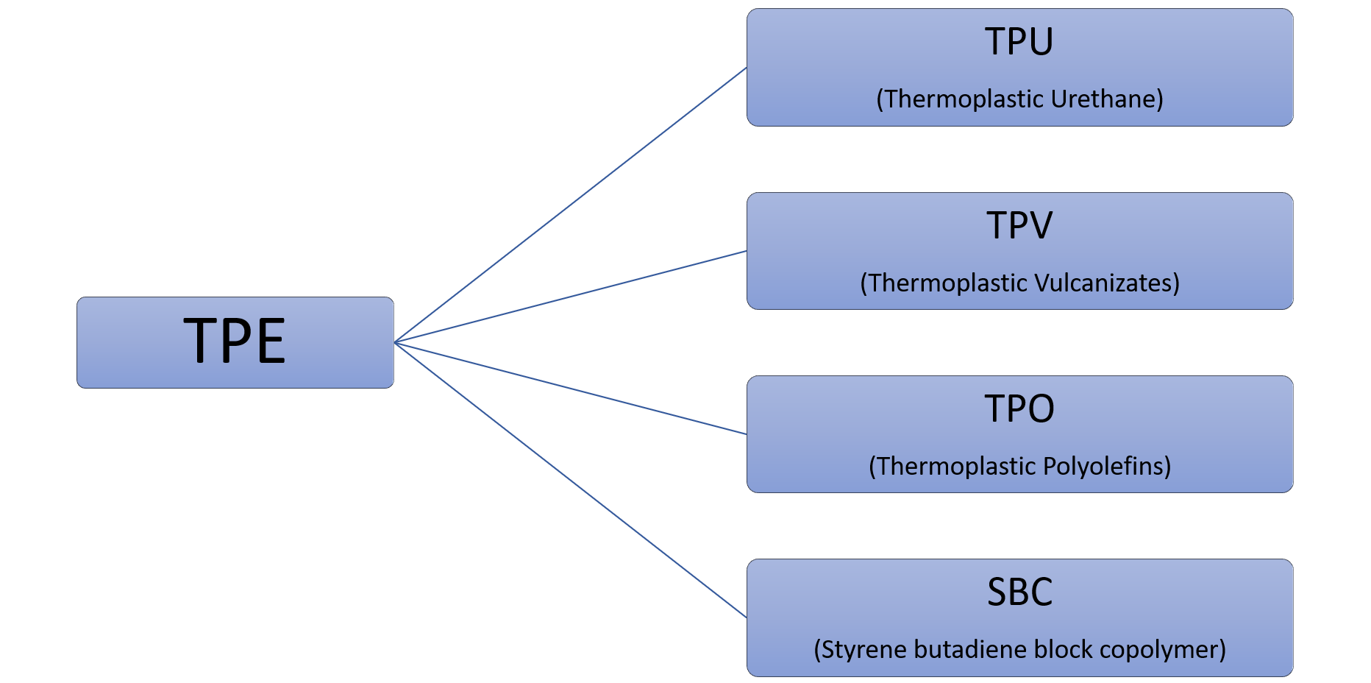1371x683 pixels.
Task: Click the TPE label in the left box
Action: pos(235,341)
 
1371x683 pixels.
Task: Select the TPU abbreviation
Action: pos(1019,42)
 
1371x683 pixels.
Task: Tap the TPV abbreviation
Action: pos(1019,225)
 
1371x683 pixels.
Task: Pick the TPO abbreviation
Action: pos(1019,408)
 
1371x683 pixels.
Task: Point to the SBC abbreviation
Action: pos(1019,592)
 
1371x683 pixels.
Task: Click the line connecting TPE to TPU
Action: pos(571,205)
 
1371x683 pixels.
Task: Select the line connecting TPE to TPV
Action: pos(571,297)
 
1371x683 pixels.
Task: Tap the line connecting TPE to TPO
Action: pos(571,389)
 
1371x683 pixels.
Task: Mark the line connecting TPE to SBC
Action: pos(571,480)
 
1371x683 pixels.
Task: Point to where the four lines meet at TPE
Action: pos(396,342)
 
